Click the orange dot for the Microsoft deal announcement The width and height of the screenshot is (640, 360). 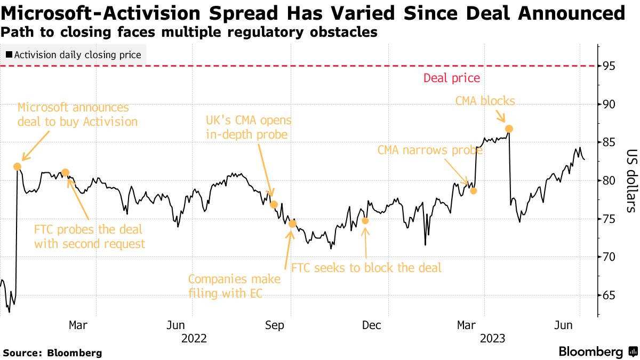[17, 166]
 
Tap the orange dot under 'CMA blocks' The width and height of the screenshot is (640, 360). [509, 129]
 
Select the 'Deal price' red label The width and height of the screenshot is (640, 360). [451, 78]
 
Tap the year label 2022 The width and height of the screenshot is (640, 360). [194, 338]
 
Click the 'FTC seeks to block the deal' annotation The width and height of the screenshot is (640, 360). [366, 268]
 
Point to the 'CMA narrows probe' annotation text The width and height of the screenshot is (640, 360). [430, 150]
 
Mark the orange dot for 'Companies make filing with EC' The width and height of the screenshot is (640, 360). [292, 223]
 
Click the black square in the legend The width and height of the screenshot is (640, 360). [9, 54]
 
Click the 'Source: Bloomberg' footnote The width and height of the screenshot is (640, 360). [52, 353]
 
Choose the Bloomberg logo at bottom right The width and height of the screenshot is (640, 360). [597, 352]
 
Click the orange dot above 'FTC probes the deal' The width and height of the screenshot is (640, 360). [66, 172]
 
